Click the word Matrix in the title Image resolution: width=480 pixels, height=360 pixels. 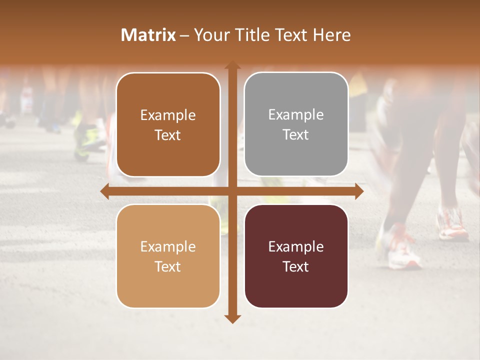148,35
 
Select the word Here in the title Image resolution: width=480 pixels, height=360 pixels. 332,35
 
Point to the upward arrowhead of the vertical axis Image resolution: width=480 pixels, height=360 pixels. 232,65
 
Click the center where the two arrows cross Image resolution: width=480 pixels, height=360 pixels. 232,191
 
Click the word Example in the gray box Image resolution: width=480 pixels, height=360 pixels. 296,115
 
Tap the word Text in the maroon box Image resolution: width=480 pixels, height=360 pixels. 296,266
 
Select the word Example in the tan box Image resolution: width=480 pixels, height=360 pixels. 168,246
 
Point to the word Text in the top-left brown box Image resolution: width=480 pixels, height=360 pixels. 168,135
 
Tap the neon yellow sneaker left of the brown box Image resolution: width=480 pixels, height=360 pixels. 89,140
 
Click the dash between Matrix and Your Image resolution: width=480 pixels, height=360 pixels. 184,35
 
